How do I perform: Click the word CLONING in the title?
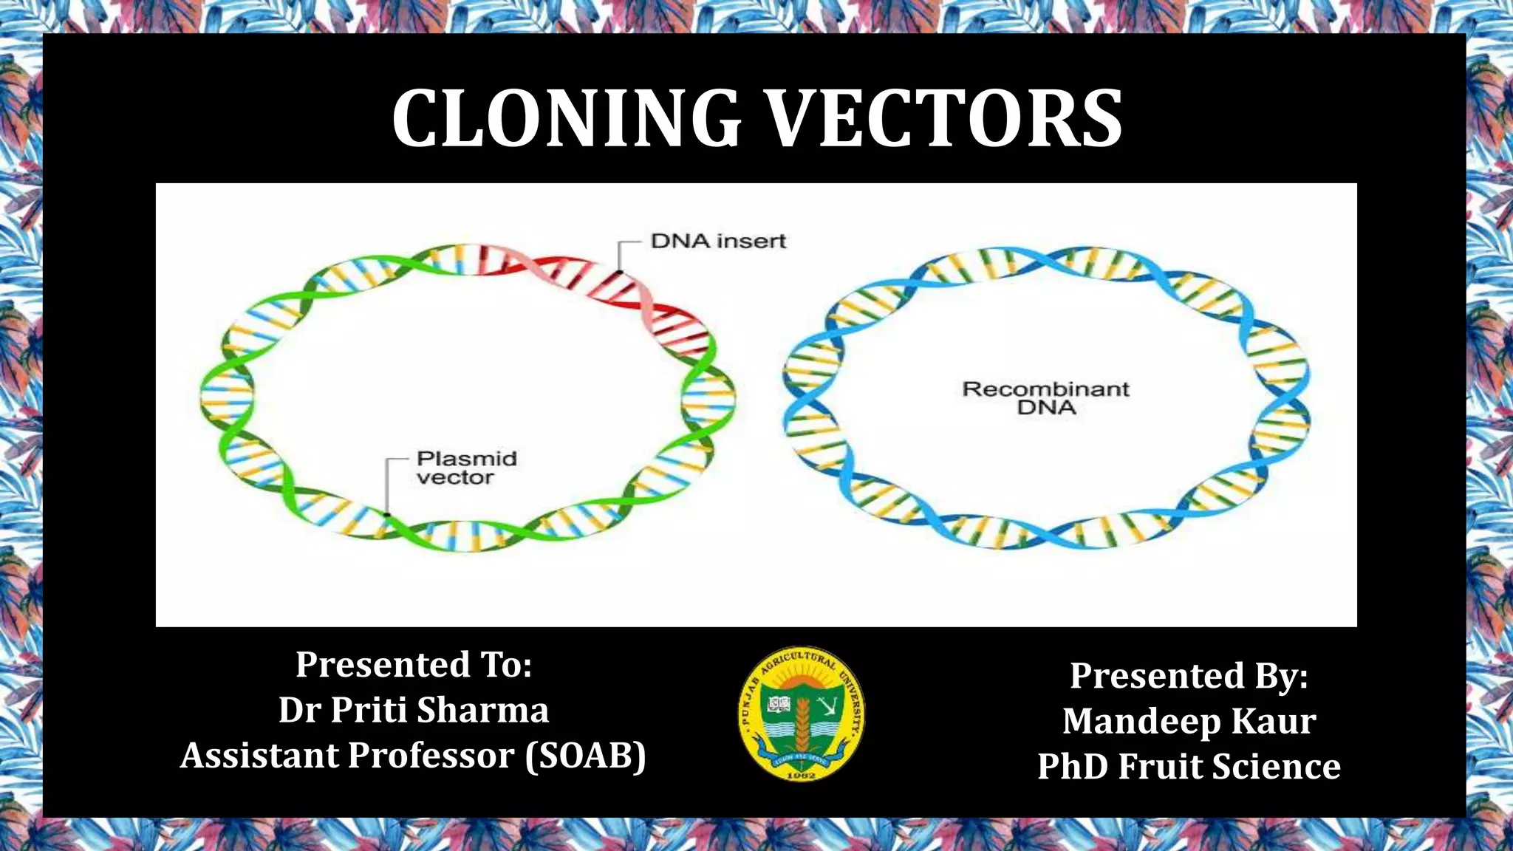pyautogui.click(x=566, y=119)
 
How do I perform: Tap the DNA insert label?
pyautogui.click(x=718, y=241)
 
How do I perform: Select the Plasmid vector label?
pyautogui.click(x=466, y=468)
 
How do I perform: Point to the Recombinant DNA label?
pyautogui.click(x=1045, y=398)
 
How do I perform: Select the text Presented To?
pyautogui.click(x=414, y=664)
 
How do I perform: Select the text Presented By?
pyautogui.click(x=1189, y=675)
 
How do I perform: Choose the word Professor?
pyautogui.click(x=431, y=756)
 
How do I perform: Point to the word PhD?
pyautogui.click(x=1073, y=766)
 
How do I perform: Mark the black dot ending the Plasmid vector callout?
pyautogui.click(x=386, y=514)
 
